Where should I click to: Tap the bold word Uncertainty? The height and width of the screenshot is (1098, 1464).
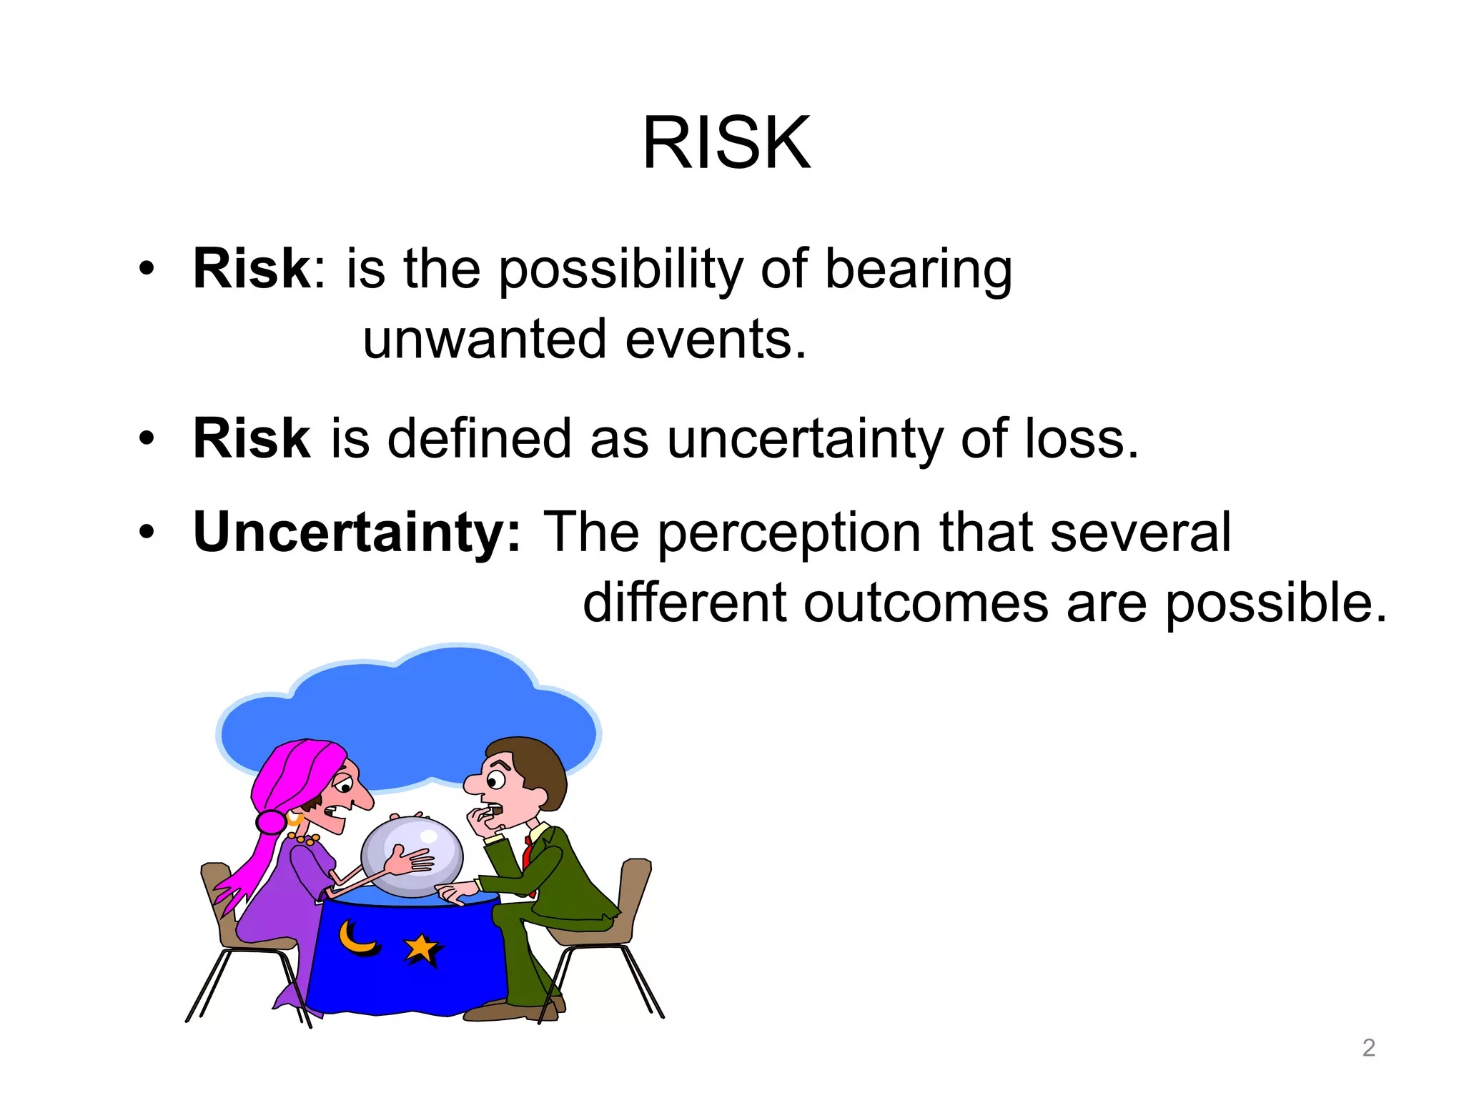357,533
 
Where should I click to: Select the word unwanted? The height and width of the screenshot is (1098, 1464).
485,339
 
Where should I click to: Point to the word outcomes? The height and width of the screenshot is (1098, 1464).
925,603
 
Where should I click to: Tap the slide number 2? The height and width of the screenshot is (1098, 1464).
1368,1047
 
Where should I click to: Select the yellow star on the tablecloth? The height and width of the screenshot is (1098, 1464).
421,949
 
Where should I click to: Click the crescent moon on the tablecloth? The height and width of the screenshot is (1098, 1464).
355,938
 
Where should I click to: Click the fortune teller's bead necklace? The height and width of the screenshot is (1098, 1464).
303,839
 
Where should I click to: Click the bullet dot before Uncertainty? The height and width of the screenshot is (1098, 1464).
147,533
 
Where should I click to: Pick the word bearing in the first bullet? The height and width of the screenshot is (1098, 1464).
918,270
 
